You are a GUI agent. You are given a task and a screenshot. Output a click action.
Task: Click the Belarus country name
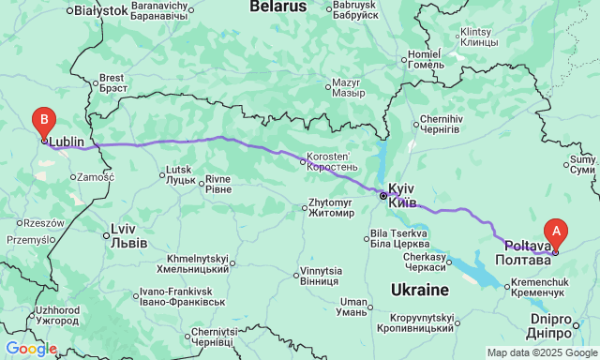[x=277, y=7]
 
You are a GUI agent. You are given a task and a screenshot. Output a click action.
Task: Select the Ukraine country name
[x=420, y=290]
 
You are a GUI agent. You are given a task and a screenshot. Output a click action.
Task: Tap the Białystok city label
[x=100, y=10]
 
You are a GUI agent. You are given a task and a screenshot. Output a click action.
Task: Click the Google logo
[x=30, y=349]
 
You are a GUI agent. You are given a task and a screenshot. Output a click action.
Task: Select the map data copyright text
[x=541, y=352]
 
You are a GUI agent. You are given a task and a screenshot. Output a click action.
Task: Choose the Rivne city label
[x=217, y=184]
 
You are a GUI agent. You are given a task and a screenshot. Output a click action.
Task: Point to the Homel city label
[x=431, y=59]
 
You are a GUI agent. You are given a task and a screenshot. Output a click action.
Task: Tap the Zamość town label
[x=95, y=176]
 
